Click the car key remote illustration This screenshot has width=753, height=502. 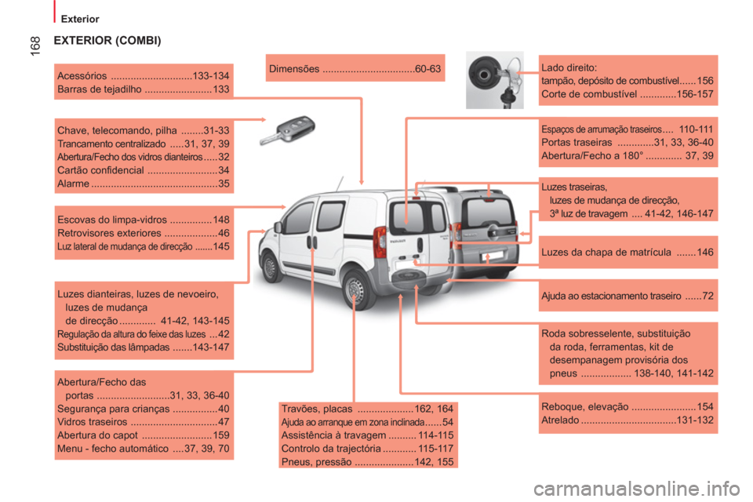point(287,130)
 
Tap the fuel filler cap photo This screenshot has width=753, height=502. point(495,80)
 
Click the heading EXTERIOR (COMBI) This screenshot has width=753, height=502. point(107,40)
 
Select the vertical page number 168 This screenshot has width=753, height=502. point(35,46)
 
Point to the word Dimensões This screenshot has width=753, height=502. point(294,69)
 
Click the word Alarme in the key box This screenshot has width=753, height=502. point(73,184)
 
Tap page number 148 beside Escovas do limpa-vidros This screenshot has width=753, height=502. point(221,220)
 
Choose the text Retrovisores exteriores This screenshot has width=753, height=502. point(109,233)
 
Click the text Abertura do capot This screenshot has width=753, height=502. point(97,435)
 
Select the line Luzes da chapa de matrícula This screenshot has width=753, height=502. point(606,253)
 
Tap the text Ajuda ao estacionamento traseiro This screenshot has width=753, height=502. point(611,296)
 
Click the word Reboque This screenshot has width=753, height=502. point(560,407)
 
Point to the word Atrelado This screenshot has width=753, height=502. point(560,420)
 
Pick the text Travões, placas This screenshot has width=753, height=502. point(316,409)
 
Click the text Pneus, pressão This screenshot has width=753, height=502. point(316,462)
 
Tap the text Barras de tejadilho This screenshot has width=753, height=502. point(100,89)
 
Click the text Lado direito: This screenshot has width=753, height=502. point(569,67)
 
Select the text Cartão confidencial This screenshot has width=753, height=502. point(100,170)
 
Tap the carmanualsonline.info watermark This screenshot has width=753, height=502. point(637,489)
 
